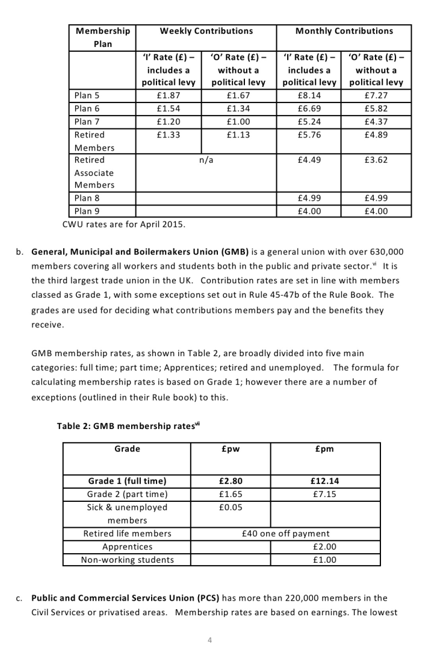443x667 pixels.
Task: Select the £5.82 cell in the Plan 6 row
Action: coord(376,108)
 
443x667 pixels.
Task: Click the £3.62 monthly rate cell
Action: coord(376,160)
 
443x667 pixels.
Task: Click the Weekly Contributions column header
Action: coord(206,31)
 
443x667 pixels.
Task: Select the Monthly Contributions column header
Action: coord(344,31)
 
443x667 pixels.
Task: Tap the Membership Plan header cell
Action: coord(102,37)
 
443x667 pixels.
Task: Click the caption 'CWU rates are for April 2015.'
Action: coord(125,225)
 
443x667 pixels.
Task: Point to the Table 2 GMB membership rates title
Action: coord(128,426)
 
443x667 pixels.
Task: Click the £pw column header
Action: coord(231,449)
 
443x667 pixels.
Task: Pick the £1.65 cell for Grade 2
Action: coord(231,494)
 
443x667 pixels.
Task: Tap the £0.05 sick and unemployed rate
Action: coord(231,507)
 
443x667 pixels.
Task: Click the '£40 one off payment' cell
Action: coord(285,533)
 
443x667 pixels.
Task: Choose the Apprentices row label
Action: coord(127,546)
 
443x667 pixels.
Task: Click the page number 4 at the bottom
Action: coord(209,640)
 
